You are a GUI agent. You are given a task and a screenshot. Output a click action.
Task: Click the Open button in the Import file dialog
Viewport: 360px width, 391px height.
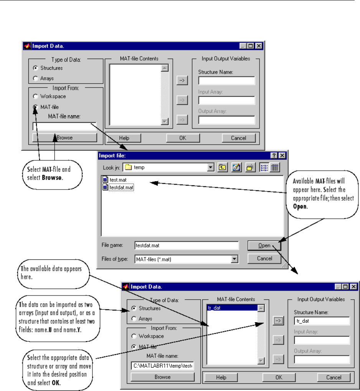click(x=264, y=246)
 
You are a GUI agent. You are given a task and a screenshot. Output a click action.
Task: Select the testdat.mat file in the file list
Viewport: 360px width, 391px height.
click(x=121, y=188)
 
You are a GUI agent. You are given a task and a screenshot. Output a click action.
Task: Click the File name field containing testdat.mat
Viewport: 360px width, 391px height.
click(x=187, y=246)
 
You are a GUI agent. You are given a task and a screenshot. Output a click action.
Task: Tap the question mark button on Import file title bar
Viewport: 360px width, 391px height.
click(x=274, y=155)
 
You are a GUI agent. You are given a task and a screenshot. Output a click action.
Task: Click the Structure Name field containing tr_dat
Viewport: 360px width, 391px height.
click(x=322, y=321)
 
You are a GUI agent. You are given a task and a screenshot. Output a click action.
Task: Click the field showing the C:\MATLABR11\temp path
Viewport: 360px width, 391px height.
click(x=162, y=366)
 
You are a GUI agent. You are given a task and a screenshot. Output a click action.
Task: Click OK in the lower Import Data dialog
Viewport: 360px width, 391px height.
click(x=279, y=377)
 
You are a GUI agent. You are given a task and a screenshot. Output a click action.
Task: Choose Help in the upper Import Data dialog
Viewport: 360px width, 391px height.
click(x=124, y=138)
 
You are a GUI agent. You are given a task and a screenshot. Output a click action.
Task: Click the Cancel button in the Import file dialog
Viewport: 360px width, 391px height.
click(x=264, y=259)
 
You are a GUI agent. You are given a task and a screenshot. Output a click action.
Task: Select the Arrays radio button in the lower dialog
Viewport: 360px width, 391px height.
click(x=134, y=318)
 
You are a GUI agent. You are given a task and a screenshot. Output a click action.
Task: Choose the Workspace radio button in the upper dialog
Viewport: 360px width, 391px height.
click(x=36, y=96)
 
